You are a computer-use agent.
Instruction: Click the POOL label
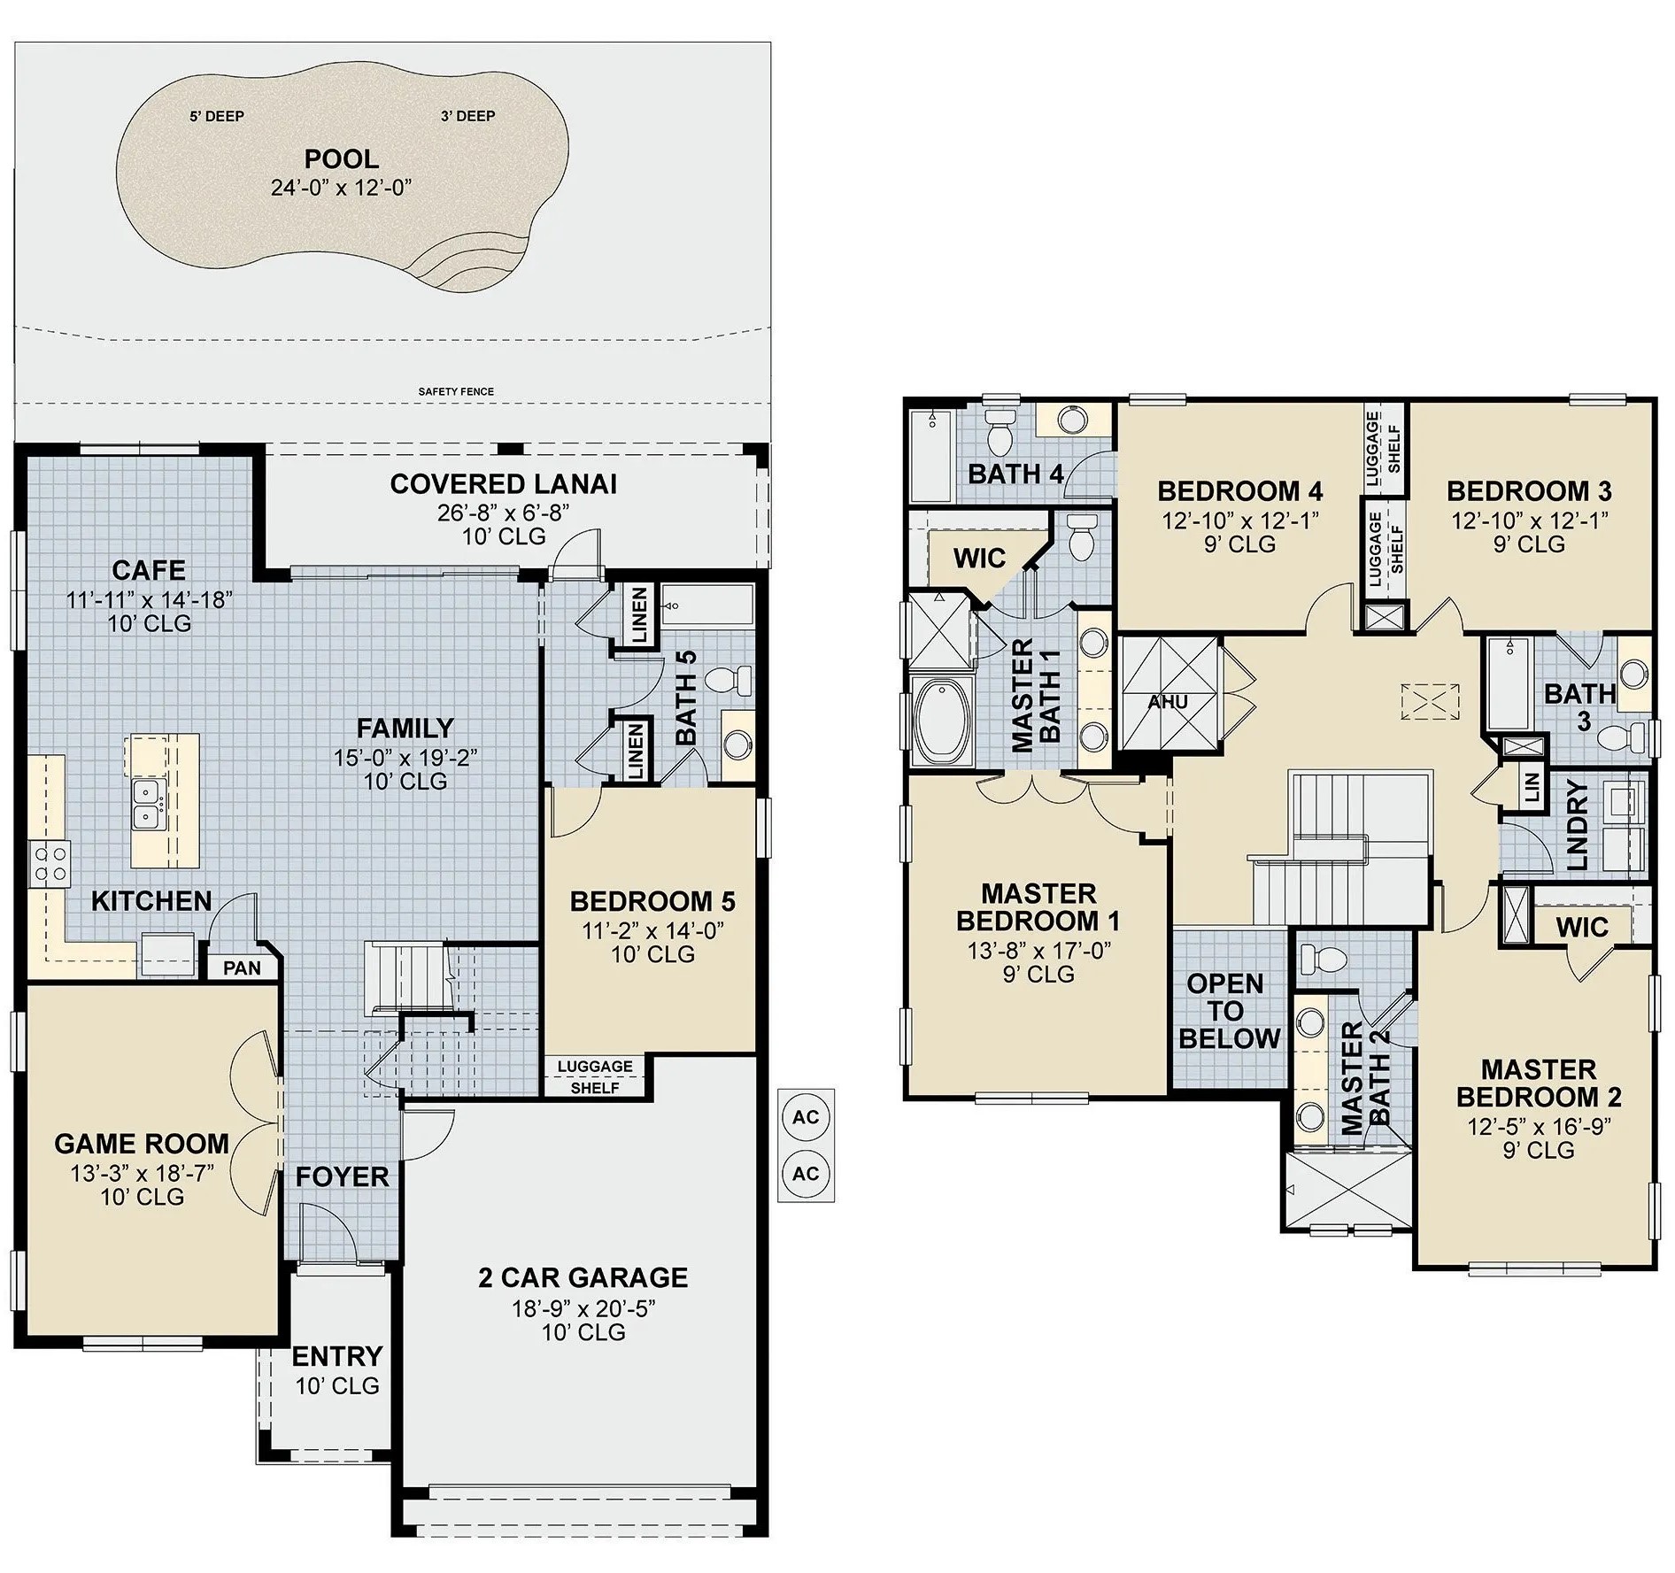[342, 159]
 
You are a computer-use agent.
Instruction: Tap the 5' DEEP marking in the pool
[217, 116]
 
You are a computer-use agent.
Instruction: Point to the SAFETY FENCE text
[456, 391]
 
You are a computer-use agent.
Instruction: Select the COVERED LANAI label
[504, 484]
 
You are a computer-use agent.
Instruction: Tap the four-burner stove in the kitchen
[50, 864]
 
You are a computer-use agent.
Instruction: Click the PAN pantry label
[242, 968]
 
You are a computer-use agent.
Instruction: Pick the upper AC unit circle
[806, 1117]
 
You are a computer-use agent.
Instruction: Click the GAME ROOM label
[142, 1144]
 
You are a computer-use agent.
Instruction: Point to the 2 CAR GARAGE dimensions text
[583, 1308]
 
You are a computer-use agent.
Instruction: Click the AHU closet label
[1168, 702]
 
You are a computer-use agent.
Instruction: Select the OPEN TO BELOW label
[1229, 1011]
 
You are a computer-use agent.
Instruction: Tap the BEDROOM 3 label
[1529, 491]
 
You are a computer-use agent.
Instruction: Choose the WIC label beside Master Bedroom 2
[1581, 927]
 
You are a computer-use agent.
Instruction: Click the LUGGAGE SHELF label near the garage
[595, 1076]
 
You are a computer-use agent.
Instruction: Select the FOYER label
[342, 1176]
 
